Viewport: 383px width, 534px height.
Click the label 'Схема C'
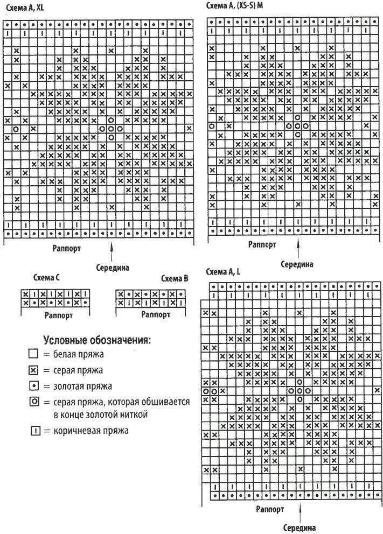[46, 278]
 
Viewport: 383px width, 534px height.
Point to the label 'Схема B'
[175, 278]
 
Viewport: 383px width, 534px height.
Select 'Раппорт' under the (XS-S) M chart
[262, 244]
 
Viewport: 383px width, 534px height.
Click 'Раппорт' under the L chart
[270, 508]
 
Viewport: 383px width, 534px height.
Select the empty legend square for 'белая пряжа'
[33, 355]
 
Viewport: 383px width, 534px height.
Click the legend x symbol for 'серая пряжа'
[33, 370]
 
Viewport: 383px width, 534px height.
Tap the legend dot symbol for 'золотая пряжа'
[33, 386]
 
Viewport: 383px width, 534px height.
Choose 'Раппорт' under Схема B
[156, 314]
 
